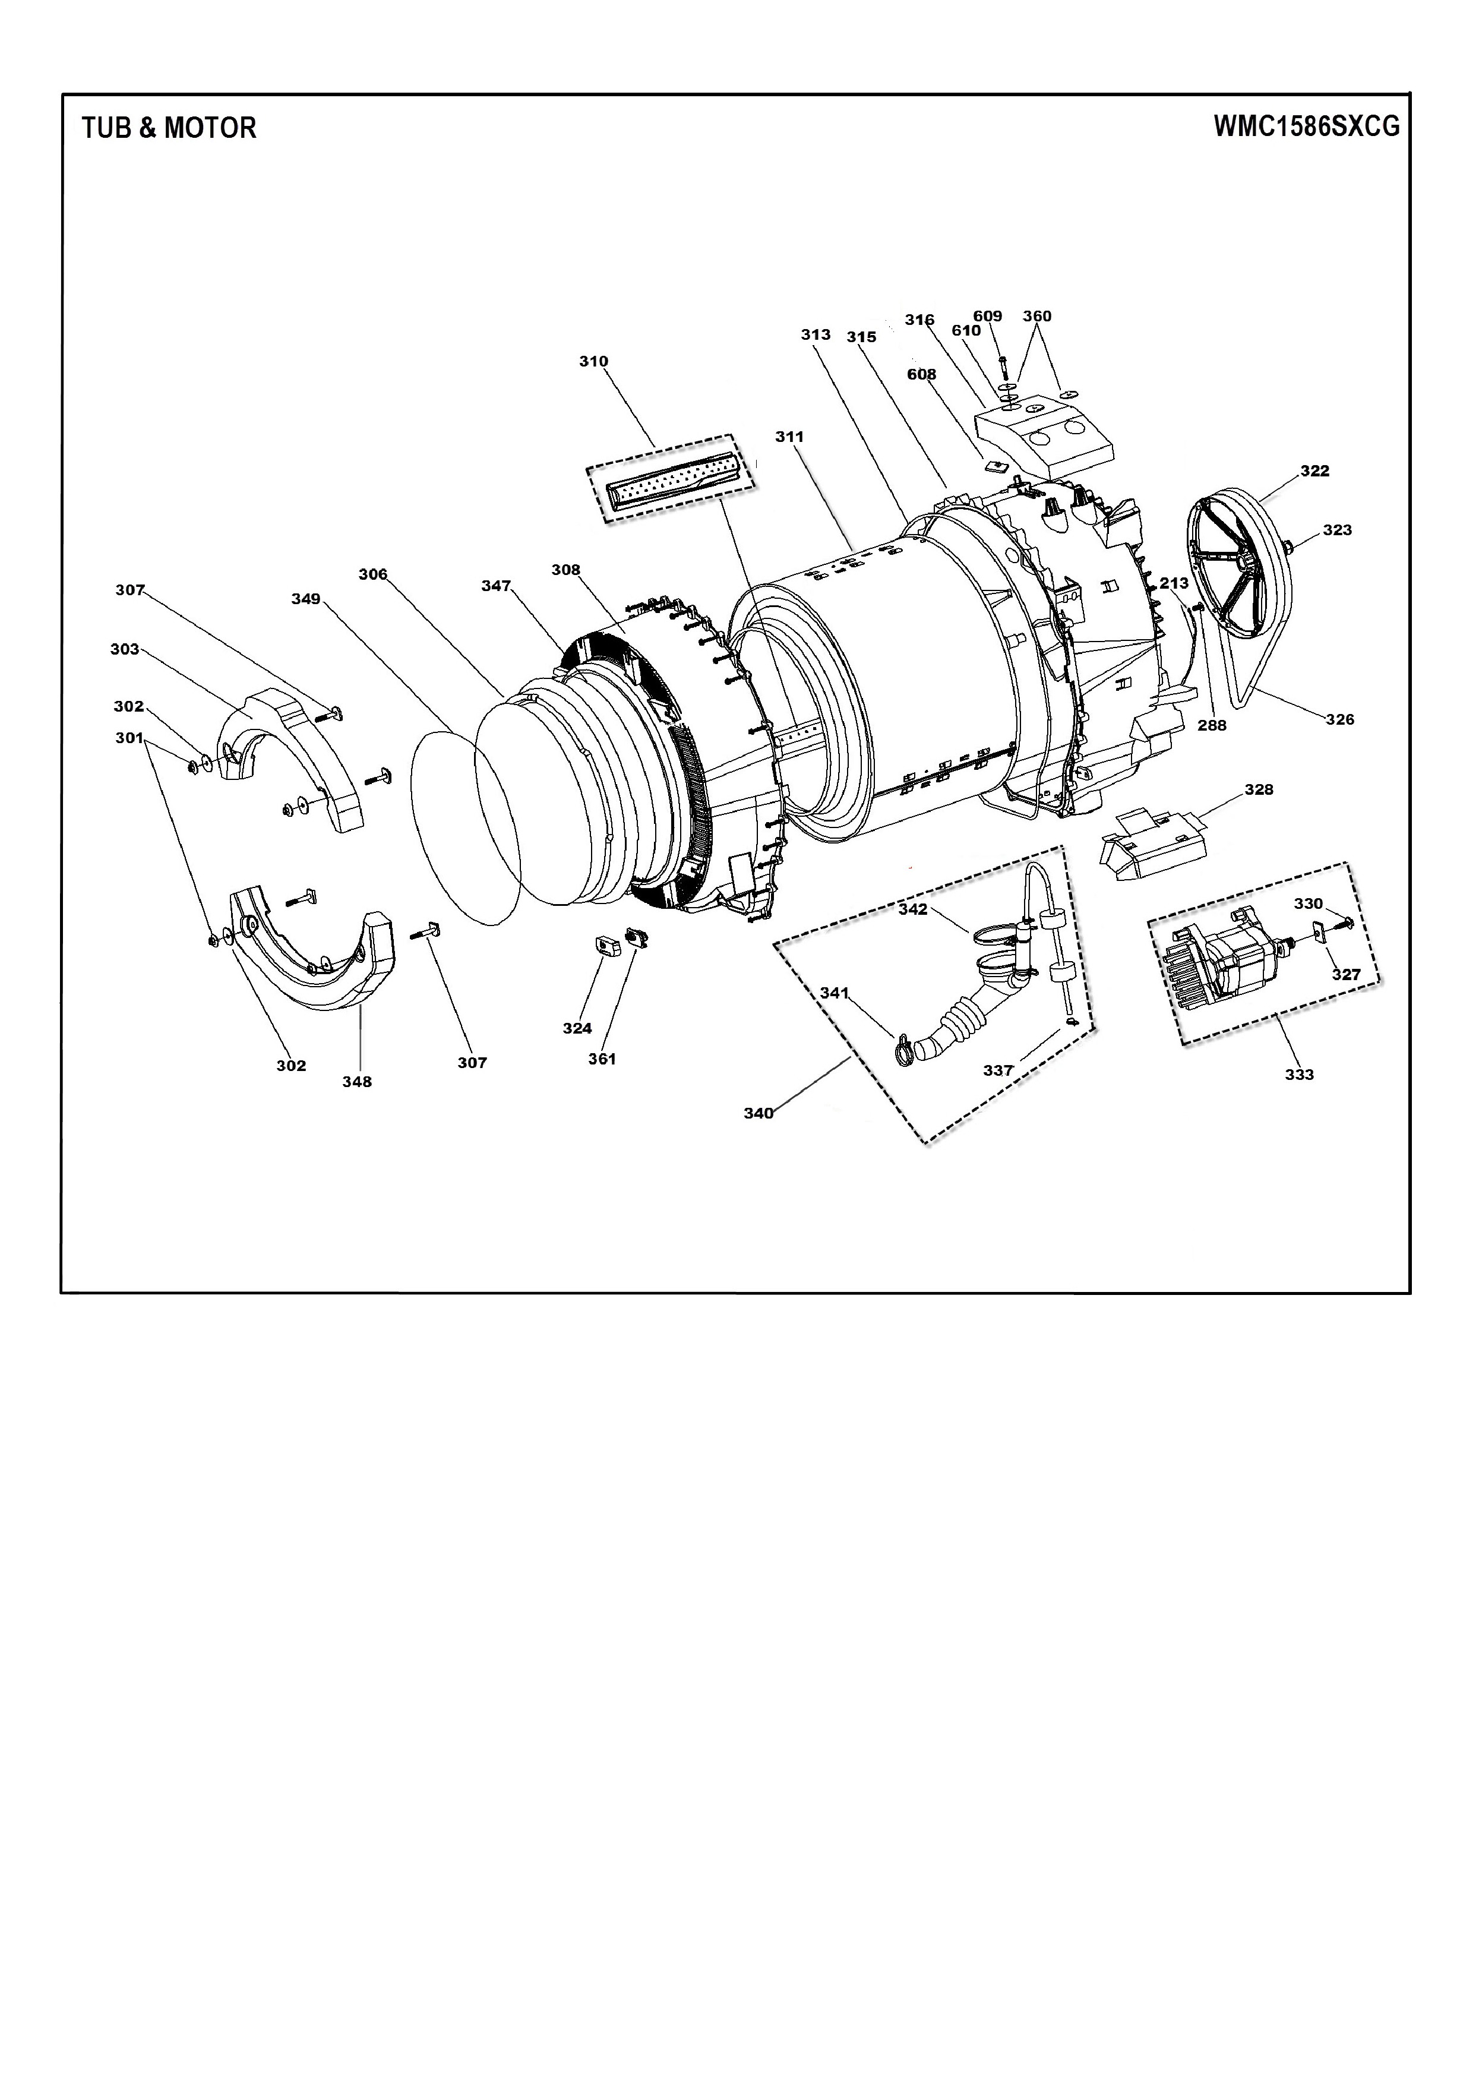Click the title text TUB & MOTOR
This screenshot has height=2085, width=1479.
click(x=169, y=128)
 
